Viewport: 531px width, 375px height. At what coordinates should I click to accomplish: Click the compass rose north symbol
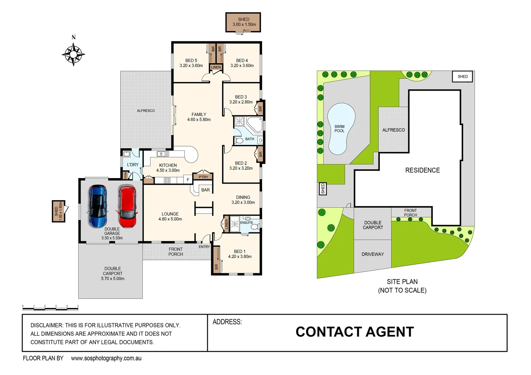point(73,54)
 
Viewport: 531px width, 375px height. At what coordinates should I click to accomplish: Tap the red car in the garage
point(127,206)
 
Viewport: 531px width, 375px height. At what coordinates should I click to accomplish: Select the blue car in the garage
point(98,206)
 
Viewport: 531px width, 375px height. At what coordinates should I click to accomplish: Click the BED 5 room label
point(191,60)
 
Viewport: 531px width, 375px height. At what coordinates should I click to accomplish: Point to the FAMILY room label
point(199,115)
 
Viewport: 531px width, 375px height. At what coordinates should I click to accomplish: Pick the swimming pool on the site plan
point(341,129)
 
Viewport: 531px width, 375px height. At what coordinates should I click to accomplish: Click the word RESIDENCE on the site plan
point(423,170)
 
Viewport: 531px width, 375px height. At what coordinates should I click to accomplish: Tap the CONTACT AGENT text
point(355,332)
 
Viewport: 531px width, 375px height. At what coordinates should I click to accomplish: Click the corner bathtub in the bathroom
point(255,124)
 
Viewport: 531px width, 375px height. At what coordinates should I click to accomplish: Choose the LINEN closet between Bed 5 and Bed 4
point(216,67)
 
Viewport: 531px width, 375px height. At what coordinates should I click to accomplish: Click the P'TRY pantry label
point(203,177)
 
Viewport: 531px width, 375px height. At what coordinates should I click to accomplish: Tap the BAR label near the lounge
point(206,190)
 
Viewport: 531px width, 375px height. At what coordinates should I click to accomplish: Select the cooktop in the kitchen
point(167,180)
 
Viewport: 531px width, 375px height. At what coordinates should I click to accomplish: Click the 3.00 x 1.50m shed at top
point(243,22)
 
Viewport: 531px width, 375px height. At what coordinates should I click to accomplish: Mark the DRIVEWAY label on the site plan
point(373,254)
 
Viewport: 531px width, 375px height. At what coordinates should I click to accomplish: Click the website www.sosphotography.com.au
point(106,358)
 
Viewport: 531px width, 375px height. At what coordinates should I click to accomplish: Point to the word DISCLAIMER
point(47,325)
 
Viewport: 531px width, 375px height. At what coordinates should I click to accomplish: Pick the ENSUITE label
point(246,223)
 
